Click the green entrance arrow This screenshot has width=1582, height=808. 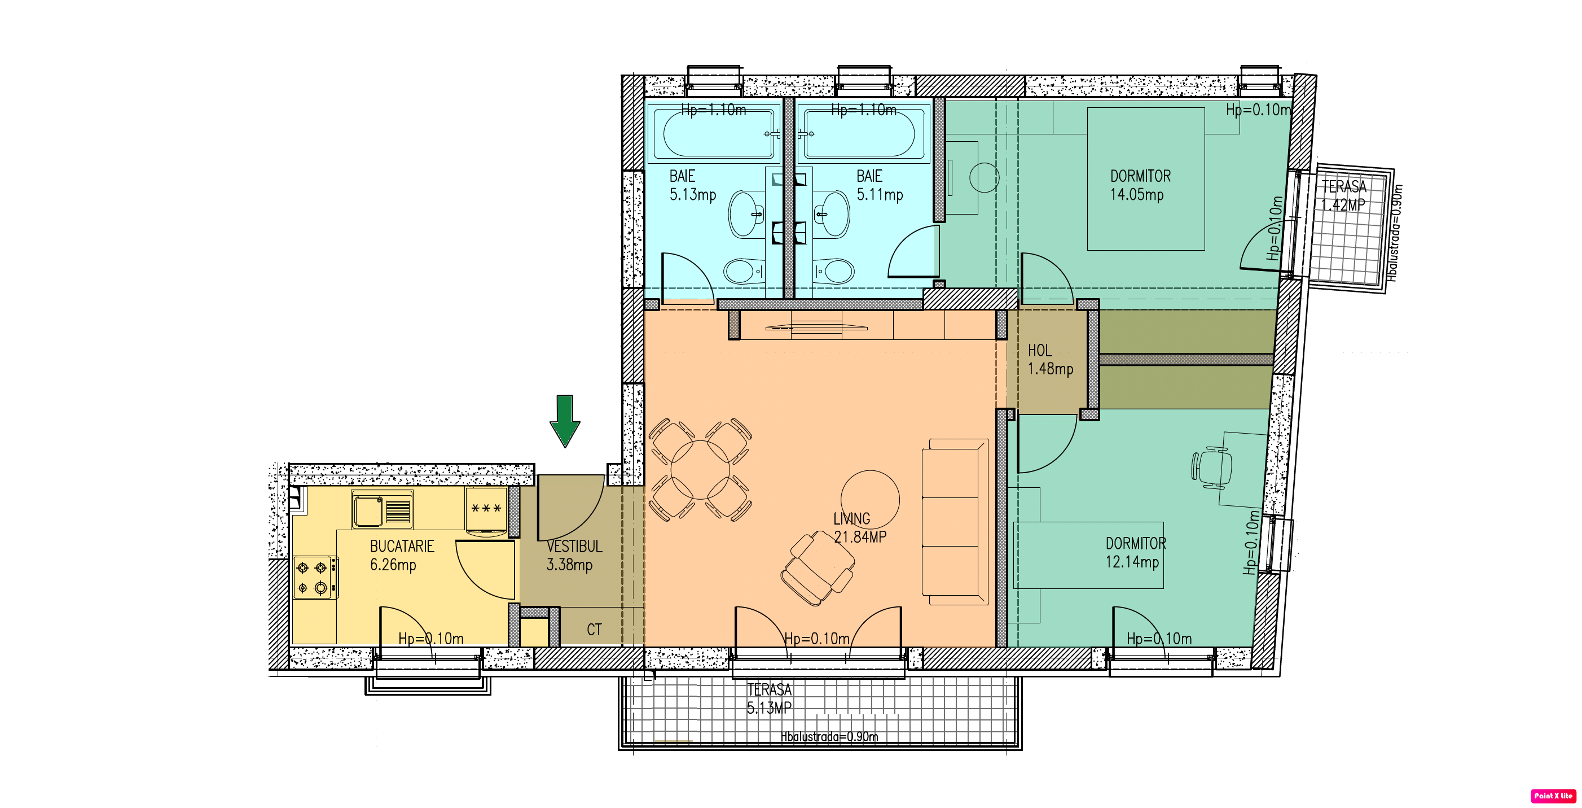(564, 420)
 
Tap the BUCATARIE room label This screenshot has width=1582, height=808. (402, 546)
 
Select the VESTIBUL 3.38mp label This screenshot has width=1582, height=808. (574, 556)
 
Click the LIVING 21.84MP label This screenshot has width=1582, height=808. (860, 528)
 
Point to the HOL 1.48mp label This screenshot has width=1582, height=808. (1050, 360)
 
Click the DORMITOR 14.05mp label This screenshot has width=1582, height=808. (1140, 185)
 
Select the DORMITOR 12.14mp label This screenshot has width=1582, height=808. (1136, 552)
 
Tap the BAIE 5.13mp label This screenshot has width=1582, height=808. (693, 185)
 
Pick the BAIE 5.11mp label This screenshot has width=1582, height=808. (880, 185)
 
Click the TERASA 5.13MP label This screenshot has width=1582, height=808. (769, 698)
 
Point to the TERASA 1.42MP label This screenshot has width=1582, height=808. (1344, 195)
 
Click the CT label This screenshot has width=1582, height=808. (594, 629)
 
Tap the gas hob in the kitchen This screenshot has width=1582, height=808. (314, 577)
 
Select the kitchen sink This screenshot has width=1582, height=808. (382, 509)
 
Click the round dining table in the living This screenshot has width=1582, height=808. (700, 470)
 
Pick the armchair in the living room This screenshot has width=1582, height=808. (818, 568)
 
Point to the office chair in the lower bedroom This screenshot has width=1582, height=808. (1211, 468)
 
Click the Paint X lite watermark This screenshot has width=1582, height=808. (1553, 796)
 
